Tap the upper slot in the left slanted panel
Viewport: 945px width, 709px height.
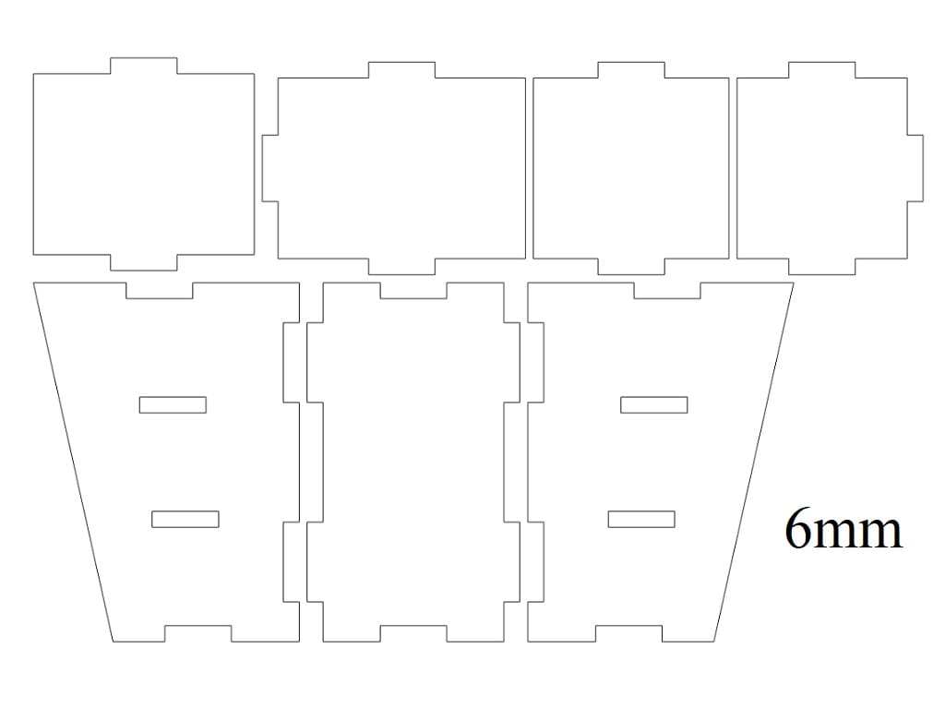click(x=173, y=404)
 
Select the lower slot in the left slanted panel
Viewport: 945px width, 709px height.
click(x=185, y=519)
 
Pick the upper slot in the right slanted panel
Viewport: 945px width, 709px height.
click(x=654, y=404)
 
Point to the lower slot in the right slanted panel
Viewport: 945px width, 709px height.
click(x=641, y=519)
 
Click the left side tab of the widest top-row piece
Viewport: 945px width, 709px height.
click(x=270, y=168)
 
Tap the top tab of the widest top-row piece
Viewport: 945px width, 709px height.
click(x=401, y=70)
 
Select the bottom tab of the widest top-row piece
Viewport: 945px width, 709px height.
click(x=401, y=267)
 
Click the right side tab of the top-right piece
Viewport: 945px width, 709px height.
click(x=915, y=168)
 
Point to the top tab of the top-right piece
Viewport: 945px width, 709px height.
click(x=822, y=70)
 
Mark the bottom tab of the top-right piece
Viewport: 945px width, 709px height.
click(x=822, y=267)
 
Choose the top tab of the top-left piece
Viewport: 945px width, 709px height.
click(x=143, y=66)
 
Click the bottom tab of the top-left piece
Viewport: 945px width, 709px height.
click(x=143, y=262)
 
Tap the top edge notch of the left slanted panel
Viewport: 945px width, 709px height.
click(x=159, y=291)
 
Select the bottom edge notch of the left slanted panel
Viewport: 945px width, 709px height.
click(x=197, y=633)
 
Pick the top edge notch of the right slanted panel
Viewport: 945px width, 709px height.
click(x=667, y=291)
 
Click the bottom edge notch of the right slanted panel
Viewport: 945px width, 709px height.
click(x=628, y=633)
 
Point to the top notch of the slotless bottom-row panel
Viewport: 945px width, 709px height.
click(x=413, y=291)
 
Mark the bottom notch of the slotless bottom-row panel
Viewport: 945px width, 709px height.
click(x=413, y=633)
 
